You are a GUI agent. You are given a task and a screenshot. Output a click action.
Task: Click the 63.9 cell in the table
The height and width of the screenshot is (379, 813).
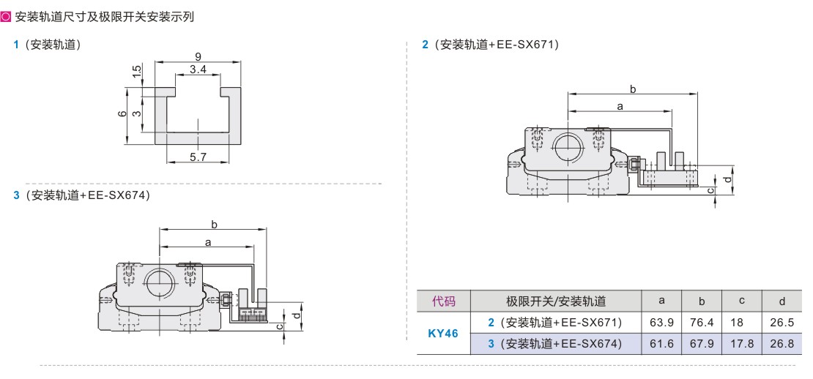point(661,323)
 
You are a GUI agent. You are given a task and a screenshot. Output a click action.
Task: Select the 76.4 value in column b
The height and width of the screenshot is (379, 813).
point(701,323)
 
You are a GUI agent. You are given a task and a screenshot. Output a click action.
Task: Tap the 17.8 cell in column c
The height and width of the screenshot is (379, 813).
point(741,344)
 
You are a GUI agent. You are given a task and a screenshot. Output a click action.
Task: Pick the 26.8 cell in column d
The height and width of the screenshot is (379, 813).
point(782,344)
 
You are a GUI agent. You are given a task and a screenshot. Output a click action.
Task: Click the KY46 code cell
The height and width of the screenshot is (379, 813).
point(442,334)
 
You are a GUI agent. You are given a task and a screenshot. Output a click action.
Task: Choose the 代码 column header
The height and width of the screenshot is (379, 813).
point(443,301)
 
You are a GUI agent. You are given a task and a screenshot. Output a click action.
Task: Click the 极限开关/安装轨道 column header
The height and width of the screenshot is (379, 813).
point(556,301)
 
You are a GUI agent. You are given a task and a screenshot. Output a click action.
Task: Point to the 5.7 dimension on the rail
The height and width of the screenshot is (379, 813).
point(198,157)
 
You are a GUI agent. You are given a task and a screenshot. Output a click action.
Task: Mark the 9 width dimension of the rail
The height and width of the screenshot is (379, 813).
point(198,56)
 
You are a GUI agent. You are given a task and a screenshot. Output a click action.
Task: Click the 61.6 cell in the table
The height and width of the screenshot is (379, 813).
point(661,344)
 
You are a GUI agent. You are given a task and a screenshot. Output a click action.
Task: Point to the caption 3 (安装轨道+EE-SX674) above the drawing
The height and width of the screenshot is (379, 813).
point(81,195)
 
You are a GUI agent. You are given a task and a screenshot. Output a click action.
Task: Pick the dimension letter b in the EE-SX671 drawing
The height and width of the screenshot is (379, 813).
point(633,89)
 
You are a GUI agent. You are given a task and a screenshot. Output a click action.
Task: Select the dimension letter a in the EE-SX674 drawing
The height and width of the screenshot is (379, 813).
point(208,241)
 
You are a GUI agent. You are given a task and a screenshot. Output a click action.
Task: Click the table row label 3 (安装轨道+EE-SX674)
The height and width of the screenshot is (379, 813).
point(554,344)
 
